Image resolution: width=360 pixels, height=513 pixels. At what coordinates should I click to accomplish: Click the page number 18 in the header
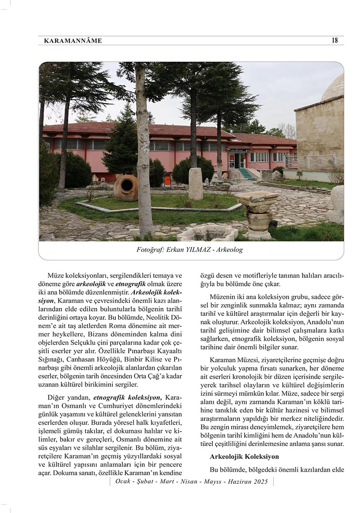pos(334,40)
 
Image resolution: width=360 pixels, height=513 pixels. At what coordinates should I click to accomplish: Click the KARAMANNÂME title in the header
pos(73,41)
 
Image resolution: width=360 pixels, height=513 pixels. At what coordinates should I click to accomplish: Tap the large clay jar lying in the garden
pos(125,188)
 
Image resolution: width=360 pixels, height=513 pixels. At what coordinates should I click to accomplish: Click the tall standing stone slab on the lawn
pos(195,183)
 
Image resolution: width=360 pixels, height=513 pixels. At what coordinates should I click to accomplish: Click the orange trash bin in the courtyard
pos(167,180)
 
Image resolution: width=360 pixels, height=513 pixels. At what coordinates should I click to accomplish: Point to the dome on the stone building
pos(333,88)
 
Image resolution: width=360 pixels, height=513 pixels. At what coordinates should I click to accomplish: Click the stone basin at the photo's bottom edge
pos(208,233)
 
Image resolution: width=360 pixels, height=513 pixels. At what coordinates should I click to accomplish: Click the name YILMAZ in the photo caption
pos(198,250)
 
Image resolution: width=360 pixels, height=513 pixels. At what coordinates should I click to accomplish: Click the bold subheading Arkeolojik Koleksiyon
pos(244,457)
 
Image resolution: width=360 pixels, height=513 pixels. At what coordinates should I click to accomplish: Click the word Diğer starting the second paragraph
pos(57,397)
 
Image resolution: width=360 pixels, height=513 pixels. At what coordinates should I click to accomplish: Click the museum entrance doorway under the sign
pos(238,161)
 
